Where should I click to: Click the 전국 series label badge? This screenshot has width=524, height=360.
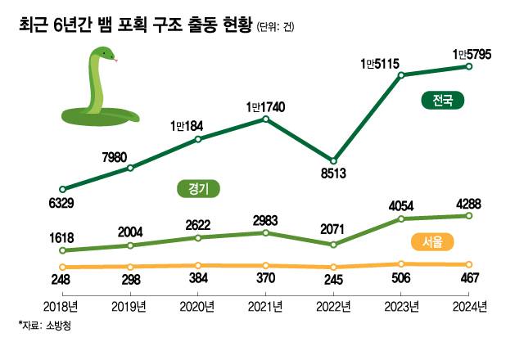point(443,101)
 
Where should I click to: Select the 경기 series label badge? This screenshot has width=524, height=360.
point(200,189)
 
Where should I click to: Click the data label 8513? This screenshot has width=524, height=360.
point(333,174)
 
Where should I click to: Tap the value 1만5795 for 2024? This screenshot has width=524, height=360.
point(469,54)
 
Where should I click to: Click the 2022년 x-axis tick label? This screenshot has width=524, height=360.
point(333,307)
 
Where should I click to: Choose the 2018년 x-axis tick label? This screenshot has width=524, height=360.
point(63,307)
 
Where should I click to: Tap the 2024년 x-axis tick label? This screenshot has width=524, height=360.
point(468,307)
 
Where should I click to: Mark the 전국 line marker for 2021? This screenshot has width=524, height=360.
point(266,119)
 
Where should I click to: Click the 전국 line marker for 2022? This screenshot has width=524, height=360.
point(333,160)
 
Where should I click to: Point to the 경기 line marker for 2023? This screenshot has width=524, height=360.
point(401,218)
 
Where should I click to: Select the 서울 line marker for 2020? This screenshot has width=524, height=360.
point(198,266)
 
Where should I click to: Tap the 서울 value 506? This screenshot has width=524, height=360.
point(401,279)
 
